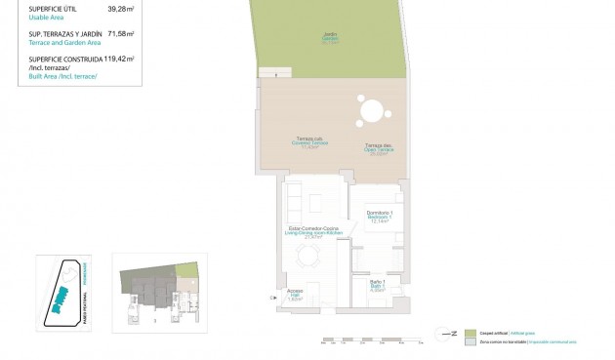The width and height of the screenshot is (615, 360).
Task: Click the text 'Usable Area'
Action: (x=38, y=18)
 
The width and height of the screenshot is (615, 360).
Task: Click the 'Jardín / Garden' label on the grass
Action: (x=330, y=39)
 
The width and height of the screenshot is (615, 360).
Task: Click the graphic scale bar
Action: (x=372, y=340)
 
